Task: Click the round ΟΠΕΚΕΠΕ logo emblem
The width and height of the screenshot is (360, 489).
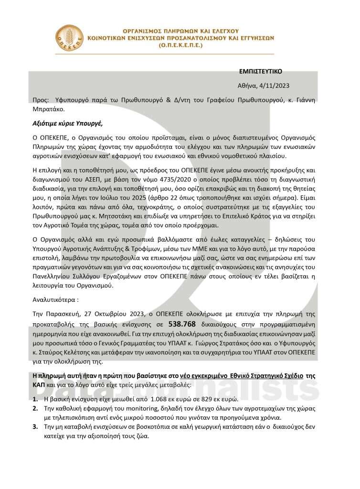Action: coord(69,39)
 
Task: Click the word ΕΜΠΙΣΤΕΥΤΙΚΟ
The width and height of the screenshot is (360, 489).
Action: coord(260,72)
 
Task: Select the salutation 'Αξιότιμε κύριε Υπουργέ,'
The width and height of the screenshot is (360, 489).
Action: coord(67,122)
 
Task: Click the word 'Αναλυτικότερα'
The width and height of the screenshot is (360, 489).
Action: coord(54,301)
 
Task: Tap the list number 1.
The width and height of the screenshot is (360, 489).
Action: coord(35,399)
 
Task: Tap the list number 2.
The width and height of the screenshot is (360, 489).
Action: coord(35,408)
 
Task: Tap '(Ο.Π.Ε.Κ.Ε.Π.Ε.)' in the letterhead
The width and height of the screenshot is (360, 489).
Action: coord(180,45)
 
